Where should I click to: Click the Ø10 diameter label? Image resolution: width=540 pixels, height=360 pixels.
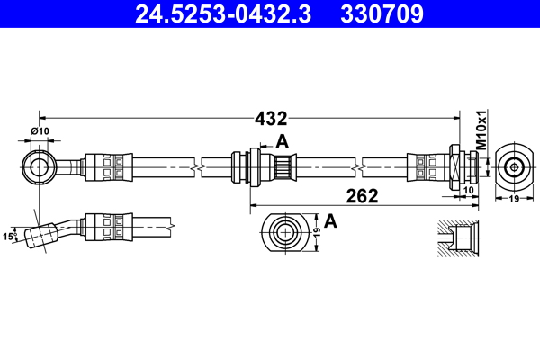click(40, 132)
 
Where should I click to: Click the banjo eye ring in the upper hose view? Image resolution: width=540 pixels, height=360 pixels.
click(39, 165)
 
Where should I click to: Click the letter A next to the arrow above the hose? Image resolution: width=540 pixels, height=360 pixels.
click(283, 140)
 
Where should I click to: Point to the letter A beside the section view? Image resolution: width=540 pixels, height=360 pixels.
click(330, 220)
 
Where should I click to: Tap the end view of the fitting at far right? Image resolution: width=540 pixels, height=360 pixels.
click(514, 166)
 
